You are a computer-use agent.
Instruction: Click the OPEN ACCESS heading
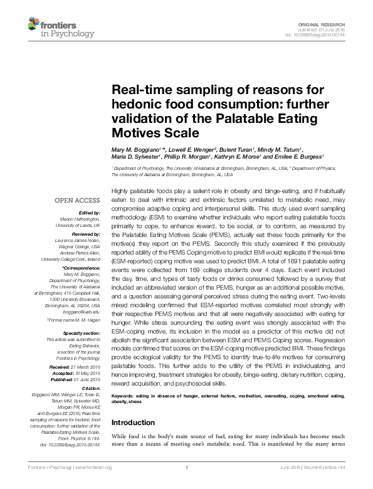(x=77, y=200)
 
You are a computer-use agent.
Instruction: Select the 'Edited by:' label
(x=88, y=213)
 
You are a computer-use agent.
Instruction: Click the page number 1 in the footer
(x=187, y=485)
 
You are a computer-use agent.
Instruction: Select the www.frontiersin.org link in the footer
(x=93, y=485)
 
